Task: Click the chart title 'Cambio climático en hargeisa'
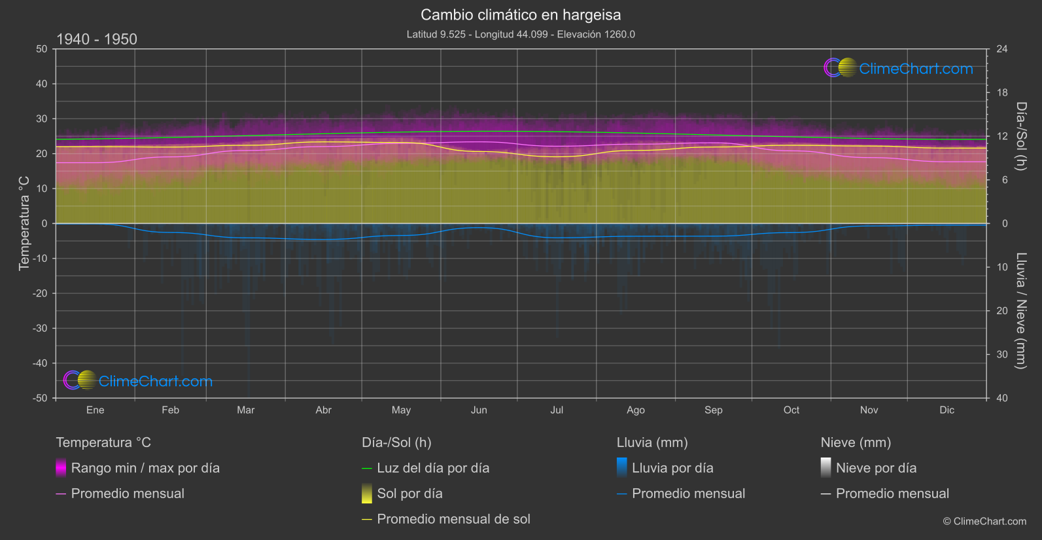click(x=521, y=14)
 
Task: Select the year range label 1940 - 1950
click(x=97, y=39)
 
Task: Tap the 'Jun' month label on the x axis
click(x=479, y=410)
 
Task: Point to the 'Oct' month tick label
click(x=791, y=410)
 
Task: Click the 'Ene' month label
click(x=95, y=410)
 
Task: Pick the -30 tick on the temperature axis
click(x=40, y=328)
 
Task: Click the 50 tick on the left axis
click(x=42, y=49)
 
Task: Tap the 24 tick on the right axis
click(x=1001, y=49)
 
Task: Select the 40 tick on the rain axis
click(x=1001, y=398)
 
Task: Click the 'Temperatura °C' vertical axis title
click(x=24, y=223)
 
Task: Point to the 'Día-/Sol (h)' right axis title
click(x=1021, y=136)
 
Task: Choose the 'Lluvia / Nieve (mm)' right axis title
click(x=1021, y=310)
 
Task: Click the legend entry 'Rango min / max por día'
click(x=145, y=468)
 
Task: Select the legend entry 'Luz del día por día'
click(x=432, y=468)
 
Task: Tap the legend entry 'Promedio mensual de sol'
click(x=453, y=519)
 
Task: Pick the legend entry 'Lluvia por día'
click(x=672, y=468)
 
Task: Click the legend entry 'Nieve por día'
click(x=876, y=468)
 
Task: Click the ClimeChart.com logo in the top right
click(x=899, y=68)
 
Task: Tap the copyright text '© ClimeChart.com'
click(x=984, y=521)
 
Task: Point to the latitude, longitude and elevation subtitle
click(x=521, y=34)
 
